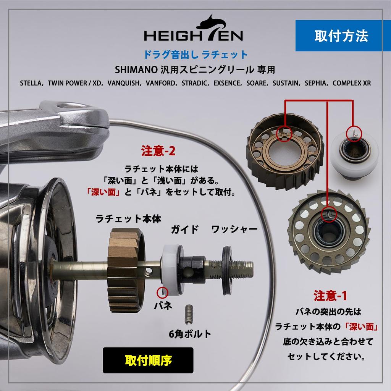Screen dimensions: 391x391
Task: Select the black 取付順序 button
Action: click(x=148, y=360)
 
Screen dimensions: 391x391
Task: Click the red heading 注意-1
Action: click(x=330, y=296)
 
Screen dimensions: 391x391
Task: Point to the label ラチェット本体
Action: click(x=128, y=219)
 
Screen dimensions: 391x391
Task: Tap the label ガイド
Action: click(x=185, y=229)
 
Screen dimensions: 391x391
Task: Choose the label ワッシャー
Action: click(x=234, y=229)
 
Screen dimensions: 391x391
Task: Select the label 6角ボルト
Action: click(x=190, y=333)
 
